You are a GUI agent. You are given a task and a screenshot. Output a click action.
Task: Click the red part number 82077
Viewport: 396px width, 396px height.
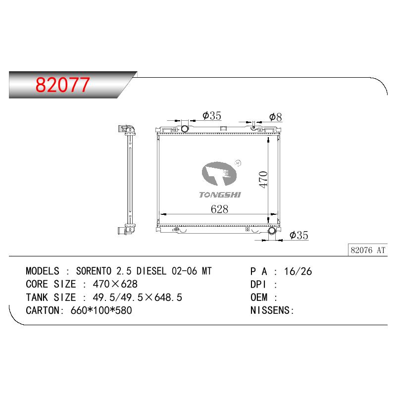(x=62, y=85)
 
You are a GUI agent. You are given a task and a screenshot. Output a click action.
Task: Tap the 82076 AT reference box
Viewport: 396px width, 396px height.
(x=368, y=250)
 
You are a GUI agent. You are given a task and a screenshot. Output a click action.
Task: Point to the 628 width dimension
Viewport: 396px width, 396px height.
(x=219, y=209)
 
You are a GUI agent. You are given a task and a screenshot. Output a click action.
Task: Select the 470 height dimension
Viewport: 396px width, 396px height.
(x=263, y=179)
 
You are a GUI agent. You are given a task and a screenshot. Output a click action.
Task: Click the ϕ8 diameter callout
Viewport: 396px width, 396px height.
(x=275, y=117)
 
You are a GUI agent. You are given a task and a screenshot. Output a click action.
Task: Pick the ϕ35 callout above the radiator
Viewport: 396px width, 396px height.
(x=212, y=116)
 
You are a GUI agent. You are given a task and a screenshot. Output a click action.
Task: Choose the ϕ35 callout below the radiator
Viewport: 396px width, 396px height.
(x=299, y=235)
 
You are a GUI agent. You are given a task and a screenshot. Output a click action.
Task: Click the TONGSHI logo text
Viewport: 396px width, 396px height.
(x=220, y=195)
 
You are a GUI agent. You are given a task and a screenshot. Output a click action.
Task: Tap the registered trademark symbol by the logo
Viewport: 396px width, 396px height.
(x=238, y=163)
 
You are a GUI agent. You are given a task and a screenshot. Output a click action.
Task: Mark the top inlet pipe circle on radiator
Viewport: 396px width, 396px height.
(x=185, y=129)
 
